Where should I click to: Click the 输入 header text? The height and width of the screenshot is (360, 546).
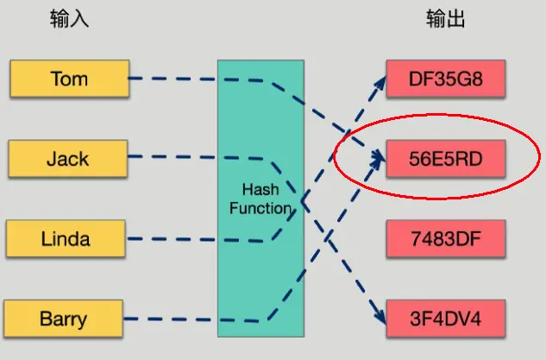70,20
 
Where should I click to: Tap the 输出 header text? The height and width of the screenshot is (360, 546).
446,20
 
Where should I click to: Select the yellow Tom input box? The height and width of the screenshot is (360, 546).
69,79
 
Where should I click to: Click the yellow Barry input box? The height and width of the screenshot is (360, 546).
63,319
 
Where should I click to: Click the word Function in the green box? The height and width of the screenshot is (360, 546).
260,208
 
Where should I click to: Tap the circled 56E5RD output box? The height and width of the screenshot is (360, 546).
445,159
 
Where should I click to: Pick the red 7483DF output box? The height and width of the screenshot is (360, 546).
445,239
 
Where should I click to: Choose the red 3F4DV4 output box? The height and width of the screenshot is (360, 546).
445,319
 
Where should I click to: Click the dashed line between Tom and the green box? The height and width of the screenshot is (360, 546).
173,79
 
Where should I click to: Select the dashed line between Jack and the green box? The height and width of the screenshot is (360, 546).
173,158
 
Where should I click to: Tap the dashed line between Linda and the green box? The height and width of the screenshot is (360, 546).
173,240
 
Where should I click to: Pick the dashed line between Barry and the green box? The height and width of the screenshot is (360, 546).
173,318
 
